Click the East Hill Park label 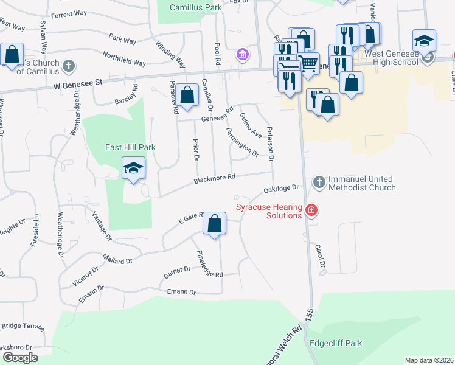[130, 147]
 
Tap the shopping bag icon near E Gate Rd [214, 223]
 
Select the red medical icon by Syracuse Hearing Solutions [311, 211]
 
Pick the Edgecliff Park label [336, 343]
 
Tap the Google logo [20, 357]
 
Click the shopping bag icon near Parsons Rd [188, 95]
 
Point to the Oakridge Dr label [282, 190]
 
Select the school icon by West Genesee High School [424, 41]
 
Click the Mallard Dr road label [117, 260]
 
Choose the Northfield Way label [124, 61]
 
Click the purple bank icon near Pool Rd [243, 56]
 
